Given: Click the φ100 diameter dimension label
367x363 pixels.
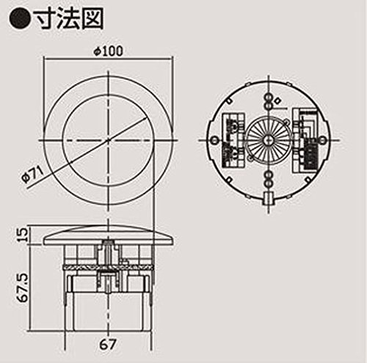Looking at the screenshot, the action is pos(109,51).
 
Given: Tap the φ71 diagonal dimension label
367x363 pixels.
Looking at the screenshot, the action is pos(32,175).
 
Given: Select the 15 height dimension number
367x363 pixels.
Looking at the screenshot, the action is pos(23,235).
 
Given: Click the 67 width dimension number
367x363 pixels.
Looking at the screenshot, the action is pos(107,345).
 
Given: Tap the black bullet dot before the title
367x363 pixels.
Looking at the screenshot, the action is pos(20,20).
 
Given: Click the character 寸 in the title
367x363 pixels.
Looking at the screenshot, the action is pos(46,19).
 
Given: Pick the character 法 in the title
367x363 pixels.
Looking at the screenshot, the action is pos(69,19).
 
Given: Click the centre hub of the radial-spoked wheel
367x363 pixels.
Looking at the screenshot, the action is pos(269,140).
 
